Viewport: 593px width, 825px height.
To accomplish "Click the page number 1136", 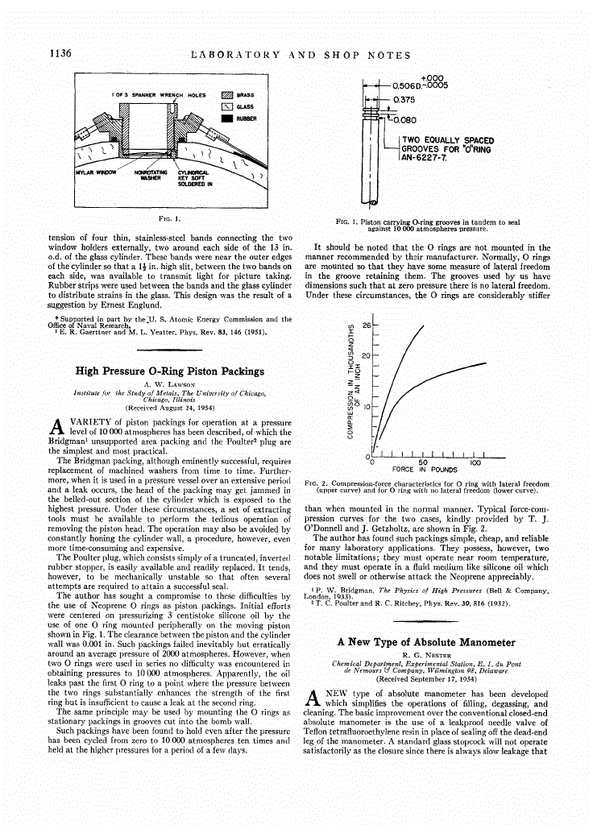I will pos(60,55).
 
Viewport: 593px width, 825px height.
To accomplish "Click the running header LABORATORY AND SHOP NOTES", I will pos(300,56).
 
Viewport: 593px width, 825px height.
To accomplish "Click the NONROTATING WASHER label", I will pos(150,175).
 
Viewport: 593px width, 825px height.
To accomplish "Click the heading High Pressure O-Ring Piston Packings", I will pos(169,371).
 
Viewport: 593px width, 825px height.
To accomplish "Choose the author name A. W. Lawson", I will pos(169,383).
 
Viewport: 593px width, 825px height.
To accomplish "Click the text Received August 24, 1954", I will pos(169,408).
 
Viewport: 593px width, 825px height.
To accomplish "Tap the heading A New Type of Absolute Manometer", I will pos(425,642).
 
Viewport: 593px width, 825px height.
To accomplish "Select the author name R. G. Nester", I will pos(425,654).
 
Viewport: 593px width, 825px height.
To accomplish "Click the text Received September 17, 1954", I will pos(425,678).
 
